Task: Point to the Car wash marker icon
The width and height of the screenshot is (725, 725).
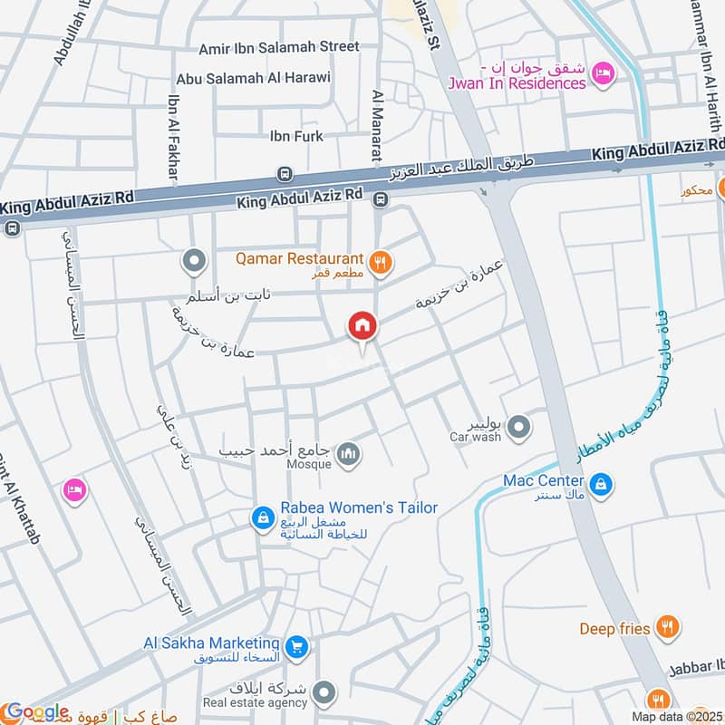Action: pos(518,426)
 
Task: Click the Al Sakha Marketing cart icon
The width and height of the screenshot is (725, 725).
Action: pos(295,647)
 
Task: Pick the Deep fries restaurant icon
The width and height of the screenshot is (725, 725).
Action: pos(667,626)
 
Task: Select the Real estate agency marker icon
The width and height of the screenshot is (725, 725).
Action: pos(323,694)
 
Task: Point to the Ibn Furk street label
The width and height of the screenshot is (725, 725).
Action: pos(296,137)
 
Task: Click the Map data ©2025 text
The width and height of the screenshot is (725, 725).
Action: pos(677,717)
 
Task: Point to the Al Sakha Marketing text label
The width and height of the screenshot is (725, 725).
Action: pos(210,643)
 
